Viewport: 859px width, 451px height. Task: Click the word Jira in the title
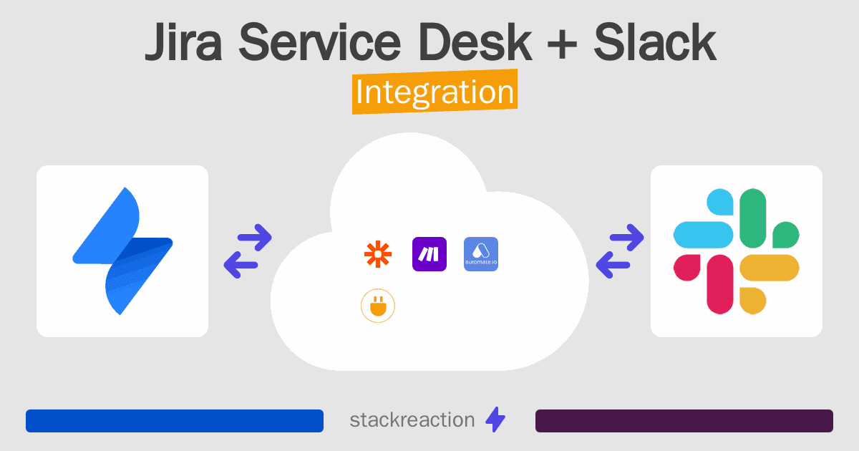pos(184,42)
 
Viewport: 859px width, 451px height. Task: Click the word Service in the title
pos(320,42)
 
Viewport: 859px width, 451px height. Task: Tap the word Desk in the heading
pos(475,42)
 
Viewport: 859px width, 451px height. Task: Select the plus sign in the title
pos(562,44)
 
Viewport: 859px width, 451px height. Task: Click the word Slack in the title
pos(655,42)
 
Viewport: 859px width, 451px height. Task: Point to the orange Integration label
pos(435,92)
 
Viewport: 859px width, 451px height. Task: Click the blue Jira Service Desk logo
pos(122,251)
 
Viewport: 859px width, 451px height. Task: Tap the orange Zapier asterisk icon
pos(378,254)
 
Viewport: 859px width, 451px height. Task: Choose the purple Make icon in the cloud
pos(429,254)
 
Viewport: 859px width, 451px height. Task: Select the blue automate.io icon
pos(481,254)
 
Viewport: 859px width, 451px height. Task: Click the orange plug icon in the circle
pos(378,306)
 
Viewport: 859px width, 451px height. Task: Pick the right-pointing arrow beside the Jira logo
pos(255,238)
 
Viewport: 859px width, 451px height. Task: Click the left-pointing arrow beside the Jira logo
pos(241,265)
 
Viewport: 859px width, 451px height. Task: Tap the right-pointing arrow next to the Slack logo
pos(626,238)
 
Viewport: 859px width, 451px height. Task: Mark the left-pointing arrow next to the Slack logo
pos(613,265)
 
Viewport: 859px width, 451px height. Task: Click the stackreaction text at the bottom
pos(412,420)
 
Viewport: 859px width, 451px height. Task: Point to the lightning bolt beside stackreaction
pos(495,420)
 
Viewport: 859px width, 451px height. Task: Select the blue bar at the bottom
pos(175,421)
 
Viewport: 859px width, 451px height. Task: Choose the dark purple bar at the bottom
pos(684,421)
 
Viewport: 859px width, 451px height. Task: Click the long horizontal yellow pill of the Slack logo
pos(770,268)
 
